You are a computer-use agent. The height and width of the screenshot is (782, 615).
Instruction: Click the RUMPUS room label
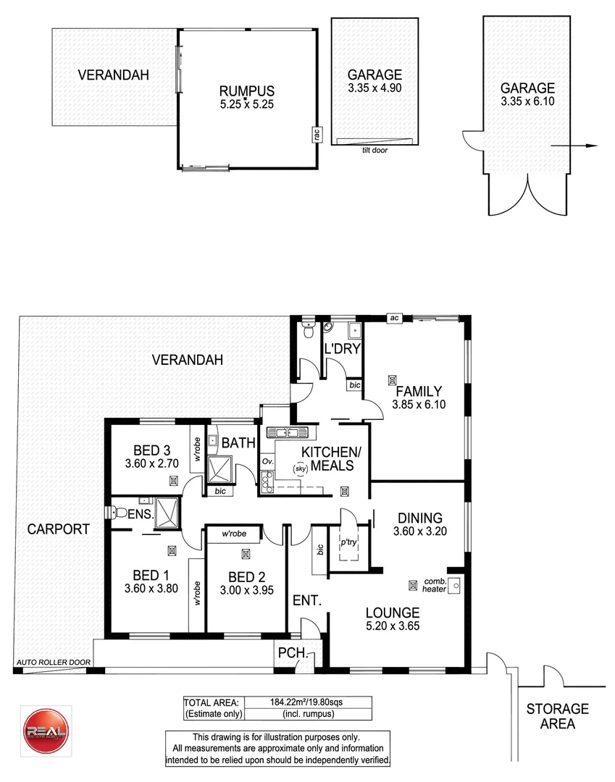coord(247,91)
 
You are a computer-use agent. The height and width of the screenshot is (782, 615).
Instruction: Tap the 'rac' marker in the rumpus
coord(317,134)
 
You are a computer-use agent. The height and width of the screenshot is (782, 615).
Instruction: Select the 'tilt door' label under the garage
coord(374,151)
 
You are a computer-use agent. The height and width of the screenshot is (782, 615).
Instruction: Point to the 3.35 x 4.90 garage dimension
coord(374,88)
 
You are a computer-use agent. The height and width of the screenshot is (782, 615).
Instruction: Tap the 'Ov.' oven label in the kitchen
coord(267,461)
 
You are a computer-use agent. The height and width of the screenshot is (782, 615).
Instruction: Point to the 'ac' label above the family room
coord(395,317)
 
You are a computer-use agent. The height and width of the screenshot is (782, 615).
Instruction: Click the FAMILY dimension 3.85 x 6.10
coord(417,405)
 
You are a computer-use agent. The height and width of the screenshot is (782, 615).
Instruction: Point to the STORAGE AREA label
coord(557,716)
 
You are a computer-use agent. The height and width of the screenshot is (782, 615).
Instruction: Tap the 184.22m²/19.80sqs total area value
coord(309,702)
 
